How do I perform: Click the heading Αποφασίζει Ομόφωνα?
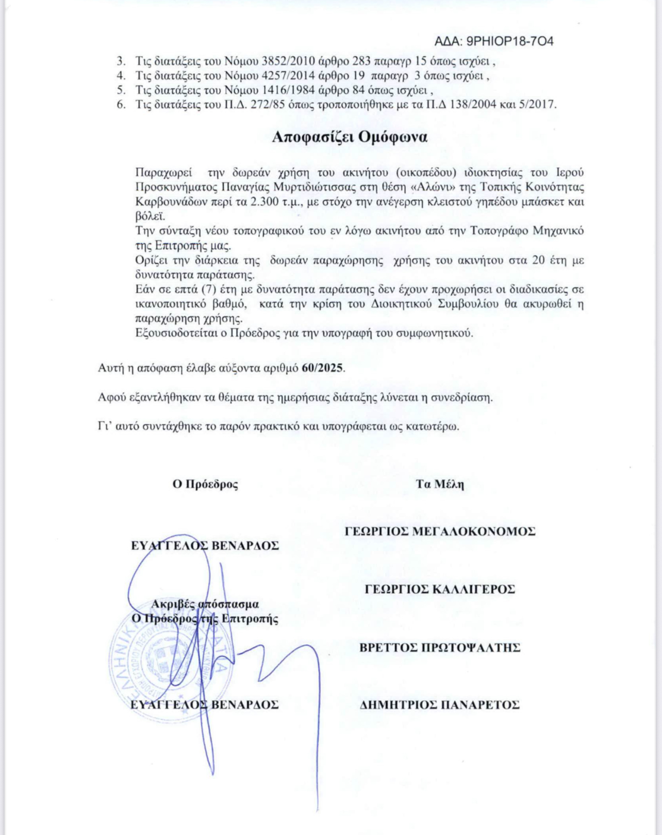click(350, 137)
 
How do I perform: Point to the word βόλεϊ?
click(150, 216)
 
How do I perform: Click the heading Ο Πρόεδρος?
click(205, 485)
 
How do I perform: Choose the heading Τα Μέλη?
click(440, 485)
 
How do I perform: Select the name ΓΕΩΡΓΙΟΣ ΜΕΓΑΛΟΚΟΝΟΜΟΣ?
click(440, 532)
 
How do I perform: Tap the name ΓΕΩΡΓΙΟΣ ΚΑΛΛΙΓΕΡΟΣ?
click(440, 589)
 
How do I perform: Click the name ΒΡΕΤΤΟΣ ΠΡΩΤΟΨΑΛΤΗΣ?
click(440, 648)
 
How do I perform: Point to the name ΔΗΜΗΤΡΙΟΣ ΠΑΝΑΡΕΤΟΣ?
click(439, 705)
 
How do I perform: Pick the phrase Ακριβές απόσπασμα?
click(205, 604)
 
